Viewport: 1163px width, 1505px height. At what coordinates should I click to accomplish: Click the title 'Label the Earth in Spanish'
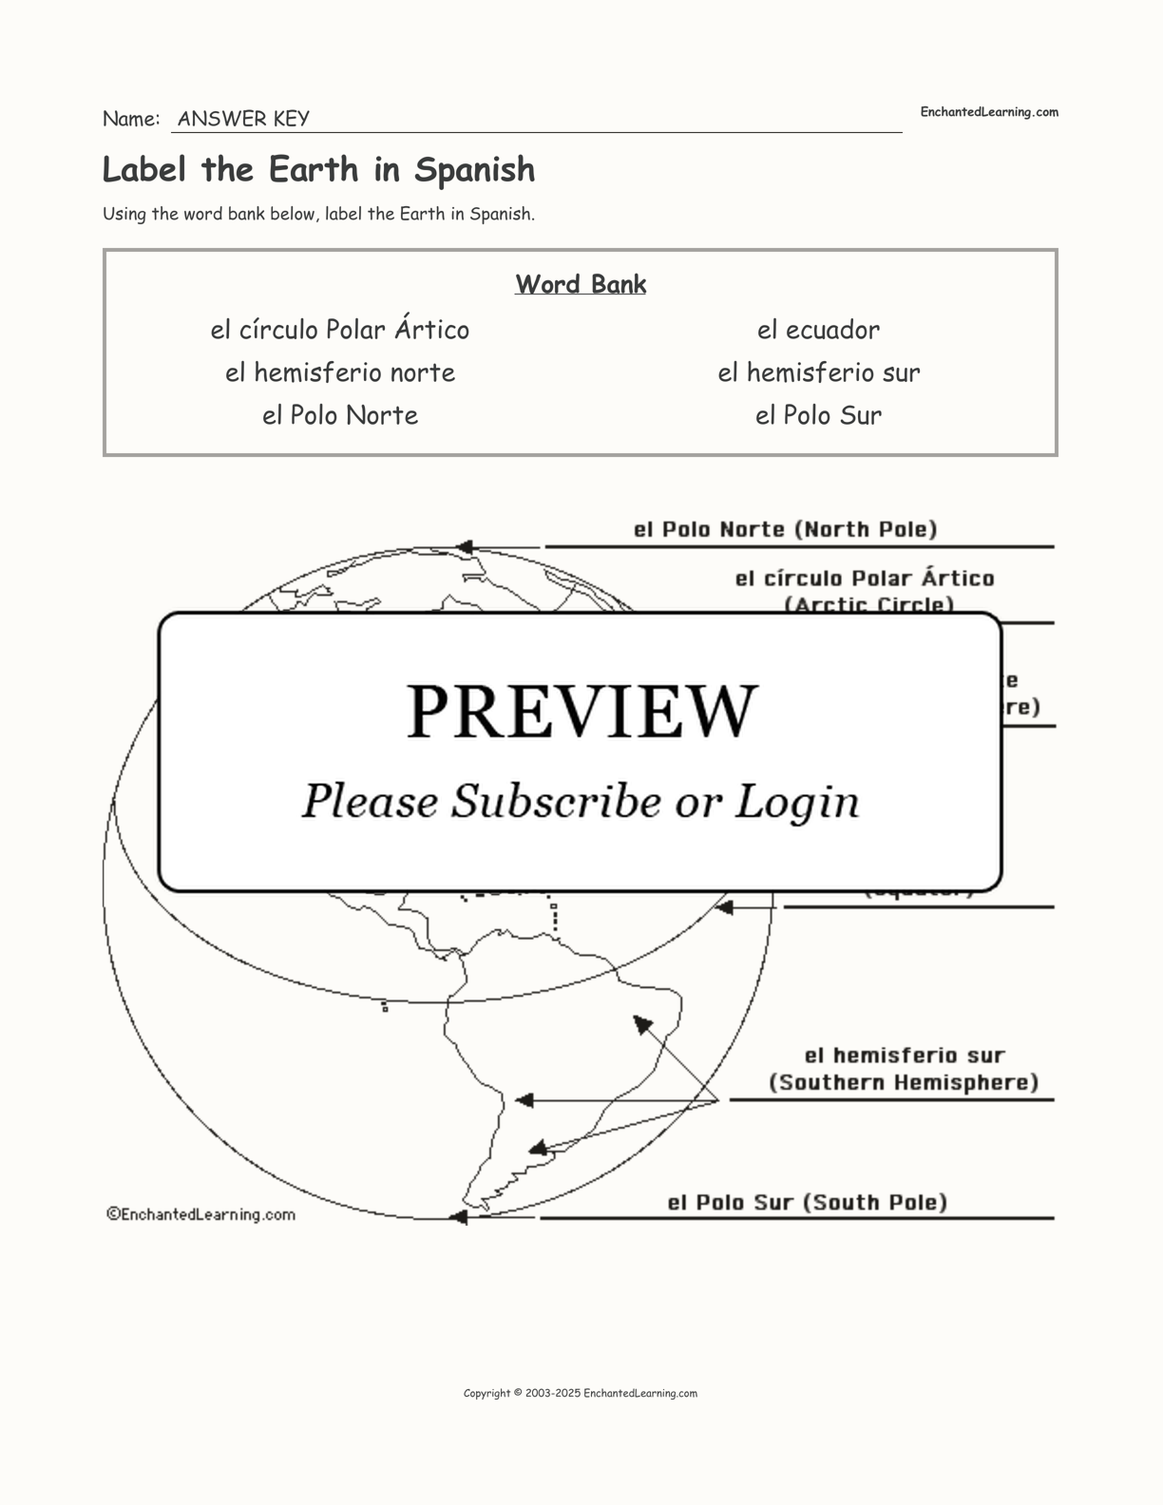point(318,170)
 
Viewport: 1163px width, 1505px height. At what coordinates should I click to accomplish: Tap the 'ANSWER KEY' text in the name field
point(243,119)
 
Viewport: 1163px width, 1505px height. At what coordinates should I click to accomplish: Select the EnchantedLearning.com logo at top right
point(988,112)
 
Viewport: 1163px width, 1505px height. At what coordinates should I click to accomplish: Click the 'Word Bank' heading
point(581,284)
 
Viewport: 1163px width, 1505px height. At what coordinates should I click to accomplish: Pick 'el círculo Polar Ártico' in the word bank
point(339,330)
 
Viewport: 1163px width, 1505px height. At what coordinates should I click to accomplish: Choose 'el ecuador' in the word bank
point(818,330)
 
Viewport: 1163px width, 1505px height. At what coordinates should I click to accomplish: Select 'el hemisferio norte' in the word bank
point(339,372)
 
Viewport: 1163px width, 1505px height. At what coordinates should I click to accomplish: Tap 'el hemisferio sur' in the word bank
point(818,372)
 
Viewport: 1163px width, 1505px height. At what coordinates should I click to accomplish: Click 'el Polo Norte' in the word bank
point(339,415)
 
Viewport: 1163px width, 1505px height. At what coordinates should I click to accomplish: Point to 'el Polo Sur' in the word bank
point(818,415)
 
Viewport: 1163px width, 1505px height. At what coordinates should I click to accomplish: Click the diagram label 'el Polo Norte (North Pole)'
point(785,529)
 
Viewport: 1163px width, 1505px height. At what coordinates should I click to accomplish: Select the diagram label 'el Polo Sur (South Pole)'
point(807,1203)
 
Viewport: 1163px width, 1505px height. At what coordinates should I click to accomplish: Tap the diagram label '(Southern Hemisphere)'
point(904,1082)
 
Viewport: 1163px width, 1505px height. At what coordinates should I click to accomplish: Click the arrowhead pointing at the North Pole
point(464,547)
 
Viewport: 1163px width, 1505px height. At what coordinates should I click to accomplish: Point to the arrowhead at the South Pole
point(459,1217)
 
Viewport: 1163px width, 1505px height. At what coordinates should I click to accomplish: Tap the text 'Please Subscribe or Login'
point(581,801)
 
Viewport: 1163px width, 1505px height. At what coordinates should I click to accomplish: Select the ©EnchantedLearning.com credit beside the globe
point(200,1214)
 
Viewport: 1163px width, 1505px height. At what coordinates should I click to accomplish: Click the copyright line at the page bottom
point(580,1394)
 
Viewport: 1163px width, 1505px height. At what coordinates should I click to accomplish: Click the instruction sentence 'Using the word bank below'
point(318,214)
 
